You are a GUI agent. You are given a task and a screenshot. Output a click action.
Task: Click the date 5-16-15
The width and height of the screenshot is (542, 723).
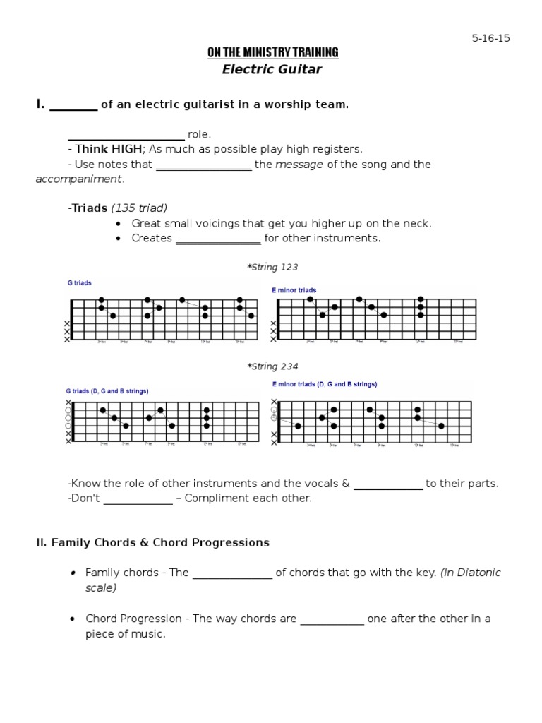(x=490, y=38)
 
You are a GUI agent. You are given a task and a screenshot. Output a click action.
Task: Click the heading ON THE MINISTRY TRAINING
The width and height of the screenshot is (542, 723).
(x=272, y=53)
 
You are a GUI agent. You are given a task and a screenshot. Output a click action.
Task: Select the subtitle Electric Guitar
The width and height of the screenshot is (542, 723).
(x=272, y=69)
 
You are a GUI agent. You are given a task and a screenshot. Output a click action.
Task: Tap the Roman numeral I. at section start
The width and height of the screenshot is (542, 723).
(x=40, y=104)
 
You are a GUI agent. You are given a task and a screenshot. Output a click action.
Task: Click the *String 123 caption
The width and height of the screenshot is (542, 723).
(x=272, y=268)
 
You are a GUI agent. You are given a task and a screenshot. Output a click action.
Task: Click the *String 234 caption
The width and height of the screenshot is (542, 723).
(x=272, y=366)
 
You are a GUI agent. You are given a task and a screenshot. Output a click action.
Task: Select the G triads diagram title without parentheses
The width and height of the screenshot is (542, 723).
(x=79, y=283)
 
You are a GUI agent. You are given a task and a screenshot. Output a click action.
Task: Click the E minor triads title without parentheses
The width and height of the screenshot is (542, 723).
(x=294, y=290)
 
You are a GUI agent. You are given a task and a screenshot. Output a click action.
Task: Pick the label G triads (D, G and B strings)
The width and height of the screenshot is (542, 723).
(x=107, y=390)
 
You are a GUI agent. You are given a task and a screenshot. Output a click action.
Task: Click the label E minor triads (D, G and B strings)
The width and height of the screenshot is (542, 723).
(x=324, y=384)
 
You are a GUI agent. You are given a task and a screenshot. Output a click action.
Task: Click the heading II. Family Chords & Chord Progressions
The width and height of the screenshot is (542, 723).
(x=152, y=543)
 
